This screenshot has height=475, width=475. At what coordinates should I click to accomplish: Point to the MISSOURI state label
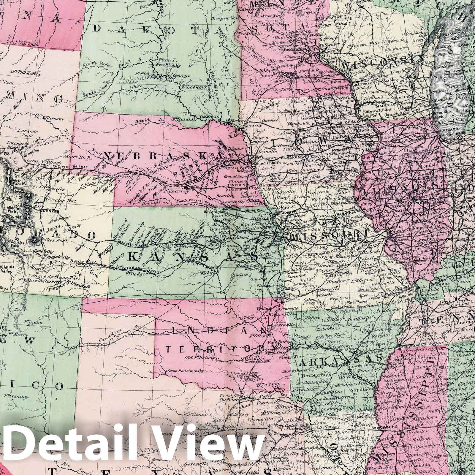(x=328, y=236)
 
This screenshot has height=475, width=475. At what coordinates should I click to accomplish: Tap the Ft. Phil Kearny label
(x=24, y=72)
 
